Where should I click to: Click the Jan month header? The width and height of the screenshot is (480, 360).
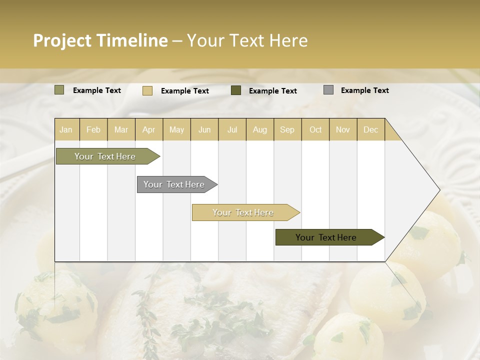tap(66, 129)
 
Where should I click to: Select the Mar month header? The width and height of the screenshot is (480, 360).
tap(121, 129)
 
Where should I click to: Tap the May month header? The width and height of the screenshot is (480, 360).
tap(176, 129)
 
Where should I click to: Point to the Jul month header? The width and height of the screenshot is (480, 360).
tap(232, 129)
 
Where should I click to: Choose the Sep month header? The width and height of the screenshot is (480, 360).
tap(287, 129)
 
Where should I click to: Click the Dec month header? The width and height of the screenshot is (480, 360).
tap(370, 129)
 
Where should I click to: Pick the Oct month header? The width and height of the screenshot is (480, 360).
tap(315, 129)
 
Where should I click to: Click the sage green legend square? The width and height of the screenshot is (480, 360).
tap(59, 90)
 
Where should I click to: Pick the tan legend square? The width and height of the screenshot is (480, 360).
tap(147, 90)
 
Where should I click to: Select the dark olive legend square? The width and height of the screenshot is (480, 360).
tap(236, 90)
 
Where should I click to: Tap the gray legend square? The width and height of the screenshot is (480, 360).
tap(328, 90)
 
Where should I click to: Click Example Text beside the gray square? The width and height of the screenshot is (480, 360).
tap(364, 90)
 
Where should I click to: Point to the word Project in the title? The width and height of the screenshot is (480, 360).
tap(61, 40)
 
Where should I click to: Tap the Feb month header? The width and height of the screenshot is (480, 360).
tap(93, 129)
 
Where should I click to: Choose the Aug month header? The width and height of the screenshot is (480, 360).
tap(259, 129)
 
